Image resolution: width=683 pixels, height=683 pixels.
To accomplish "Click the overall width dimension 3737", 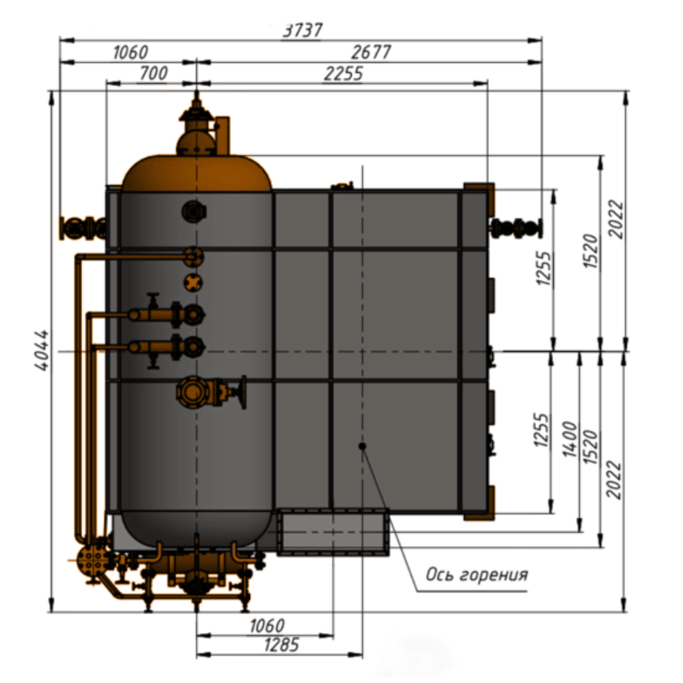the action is click(303, 30).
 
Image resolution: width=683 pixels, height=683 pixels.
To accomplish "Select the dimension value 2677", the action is click(371, 52).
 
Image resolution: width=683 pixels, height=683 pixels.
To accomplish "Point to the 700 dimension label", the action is click(153, 73).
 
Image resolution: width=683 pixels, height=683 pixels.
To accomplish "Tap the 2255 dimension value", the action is click(344, 73).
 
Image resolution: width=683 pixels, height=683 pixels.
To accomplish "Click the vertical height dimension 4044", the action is click(42, 350).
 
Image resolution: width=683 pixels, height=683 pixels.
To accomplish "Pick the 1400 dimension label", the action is click(570, 439).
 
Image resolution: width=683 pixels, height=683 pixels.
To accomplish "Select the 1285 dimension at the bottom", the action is click(281, 645).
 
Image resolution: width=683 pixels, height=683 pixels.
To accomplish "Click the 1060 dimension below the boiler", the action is click(266, 626).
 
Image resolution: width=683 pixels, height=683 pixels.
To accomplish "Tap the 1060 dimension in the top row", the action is click(130, 53).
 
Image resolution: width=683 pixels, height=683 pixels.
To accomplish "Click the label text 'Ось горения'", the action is click(477, 574).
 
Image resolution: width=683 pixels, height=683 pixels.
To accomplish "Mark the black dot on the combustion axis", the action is click(362, 446).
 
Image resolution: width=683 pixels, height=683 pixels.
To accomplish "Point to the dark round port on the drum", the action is click(194, 212).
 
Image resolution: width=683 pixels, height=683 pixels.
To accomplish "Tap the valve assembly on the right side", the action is click(516, 228).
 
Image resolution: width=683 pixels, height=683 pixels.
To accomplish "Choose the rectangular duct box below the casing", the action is click(333, 532).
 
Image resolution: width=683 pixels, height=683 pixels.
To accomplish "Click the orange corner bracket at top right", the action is click(479, 198).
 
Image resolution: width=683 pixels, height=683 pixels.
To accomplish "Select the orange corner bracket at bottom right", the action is click(479, 503).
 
